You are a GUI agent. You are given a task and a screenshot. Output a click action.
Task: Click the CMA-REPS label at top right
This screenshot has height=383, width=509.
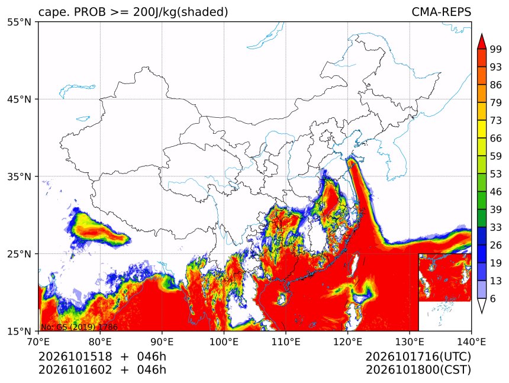[x=441, y=12]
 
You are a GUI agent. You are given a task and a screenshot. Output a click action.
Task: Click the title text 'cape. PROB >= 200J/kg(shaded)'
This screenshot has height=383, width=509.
[x=133, y=12]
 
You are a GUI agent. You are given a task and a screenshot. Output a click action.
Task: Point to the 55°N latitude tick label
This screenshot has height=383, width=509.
[x=19, y=22]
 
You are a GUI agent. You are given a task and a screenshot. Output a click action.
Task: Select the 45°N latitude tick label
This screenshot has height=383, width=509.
[x=19, y=99]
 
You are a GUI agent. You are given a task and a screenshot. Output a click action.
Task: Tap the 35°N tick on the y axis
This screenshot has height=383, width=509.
[x=19, y=176]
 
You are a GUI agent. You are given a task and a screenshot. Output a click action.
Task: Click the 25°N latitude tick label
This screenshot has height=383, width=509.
[x=19, y=253]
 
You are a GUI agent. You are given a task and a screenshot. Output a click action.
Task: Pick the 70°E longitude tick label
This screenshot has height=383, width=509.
[x=38, y=342]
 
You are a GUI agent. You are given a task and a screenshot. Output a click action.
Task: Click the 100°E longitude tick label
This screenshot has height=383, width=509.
[x=224, y=342]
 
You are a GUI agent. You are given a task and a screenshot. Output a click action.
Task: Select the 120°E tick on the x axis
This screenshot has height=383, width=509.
[x=347, y=342]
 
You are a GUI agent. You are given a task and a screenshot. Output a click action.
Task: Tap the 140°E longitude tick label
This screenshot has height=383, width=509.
[x=471, y=342]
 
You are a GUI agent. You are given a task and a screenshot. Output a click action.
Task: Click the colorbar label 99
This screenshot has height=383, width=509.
[x=496, y=49]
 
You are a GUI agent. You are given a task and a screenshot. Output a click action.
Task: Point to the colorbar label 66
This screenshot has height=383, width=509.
[x=496, y=139]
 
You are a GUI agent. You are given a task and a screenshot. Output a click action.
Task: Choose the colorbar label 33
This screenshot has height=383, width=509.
[x=496, y=227]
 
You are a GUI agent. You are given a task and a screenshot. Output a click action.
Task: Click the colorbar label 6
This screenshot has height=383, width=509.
[x=493, y=298]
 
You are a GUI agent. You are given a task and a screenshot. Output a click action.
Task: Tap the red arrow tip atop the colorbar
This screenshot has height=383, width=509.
[x=481, y=34]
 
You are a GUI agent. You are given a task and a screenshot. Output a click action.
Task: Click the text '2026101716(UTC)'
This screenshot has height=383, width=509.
[x=418, y=356]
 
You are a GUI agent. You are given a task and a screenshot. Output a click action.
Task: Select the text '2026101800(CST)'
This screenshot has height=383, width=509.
[x=418, y=370]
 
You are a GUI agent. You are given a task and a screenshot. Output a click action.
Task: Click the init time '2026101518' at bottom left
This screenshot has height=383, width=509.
[x=75, y=356]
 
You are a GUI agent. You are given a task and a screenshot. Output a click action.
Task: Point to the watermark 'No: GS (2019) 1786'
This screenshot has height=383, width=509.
[x=79, y=327]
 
